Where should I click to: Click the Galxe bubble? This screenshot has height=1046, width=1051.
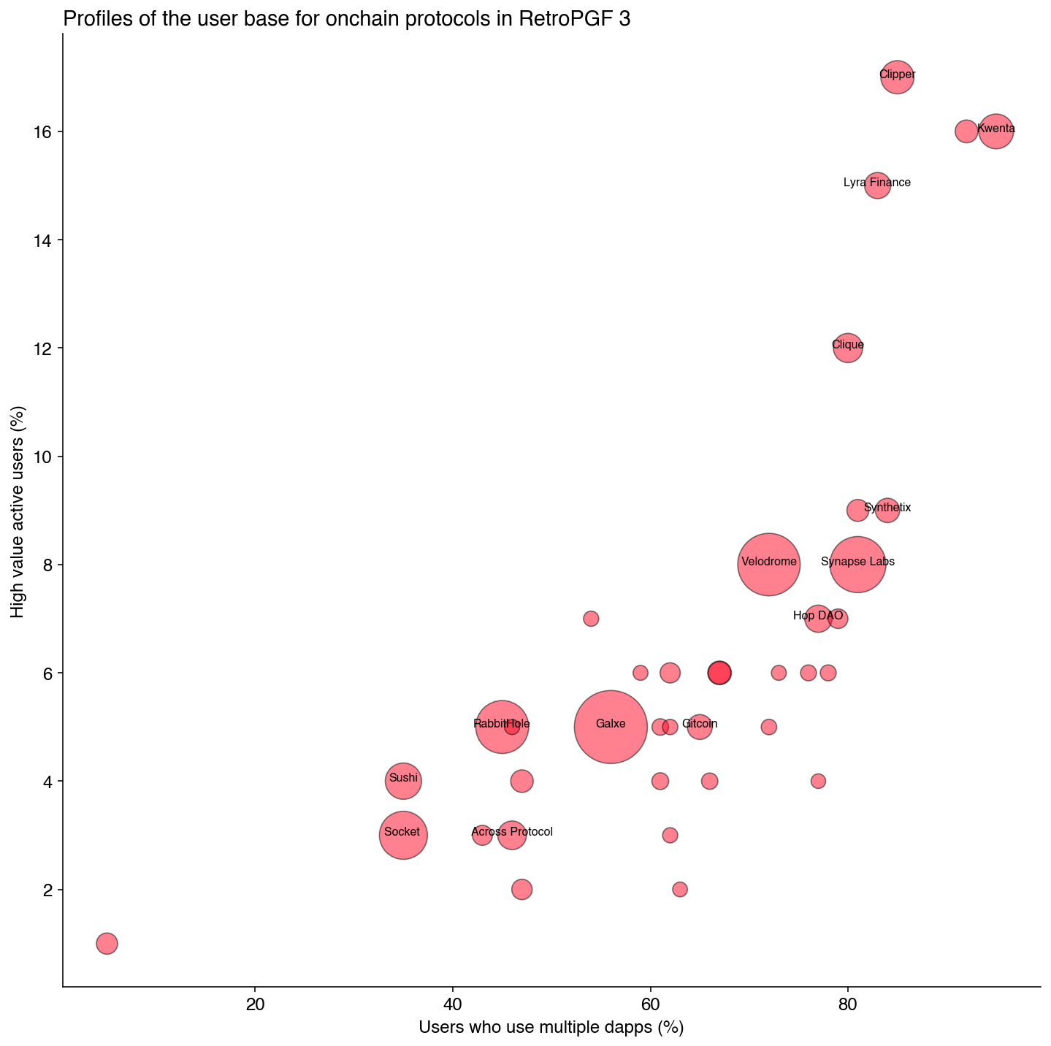click(x=611, y=727)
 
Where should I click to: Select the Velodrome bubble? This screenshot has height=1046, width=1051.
click(x=768, y=565)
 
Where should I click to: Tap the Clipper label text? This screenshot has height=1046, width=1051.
click(x=897, y=75)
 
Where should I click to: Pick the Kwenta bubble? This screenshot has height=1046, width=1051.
click(x=996, y=131)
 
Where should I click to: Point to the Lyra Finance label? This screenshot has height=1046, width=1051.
click(x=876, y=183)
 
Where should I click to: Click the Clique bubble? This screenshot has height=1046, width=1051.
click(x=847, y=348)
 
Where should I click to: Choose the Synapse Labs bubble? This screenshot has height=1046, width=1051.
click(x=857, y=565)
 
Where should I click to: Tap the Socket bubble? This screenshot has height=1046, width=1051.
click(x=403, y=835)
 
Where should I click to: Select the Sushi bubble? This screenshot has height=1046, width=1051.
click(x=403, y=781)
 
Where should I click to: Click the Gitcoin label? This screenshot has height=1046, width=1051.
click(x=700, y=724)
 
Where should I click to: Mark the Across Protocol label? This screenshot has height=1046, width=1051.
click(x=512, y=832)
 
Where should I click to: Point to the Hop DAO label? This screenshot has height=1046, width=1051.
click(x=818, y=616)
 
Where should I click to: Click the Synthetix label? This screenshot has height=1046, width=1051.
click(x=887, y=508)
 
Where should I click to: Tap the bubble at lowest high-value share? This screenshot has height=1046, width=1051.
click(x=107, y=943)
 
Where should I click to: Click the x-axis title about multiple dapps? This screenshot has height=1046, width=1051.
click(x=551, y=1028)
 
